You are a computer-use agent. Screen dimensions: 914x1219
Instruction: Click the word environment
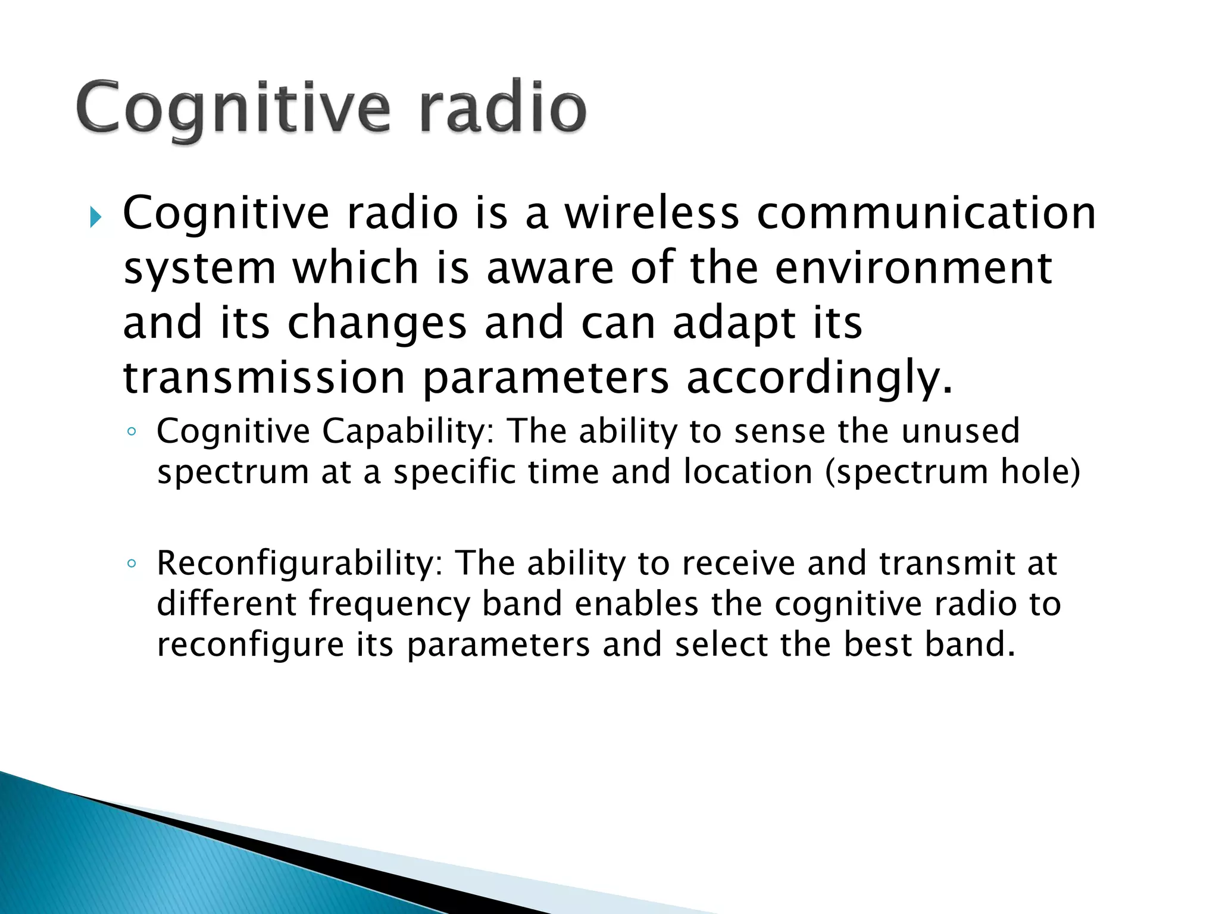click(914, 268)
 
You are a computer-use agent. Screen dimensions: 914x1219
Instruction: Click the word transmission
click(264, 378)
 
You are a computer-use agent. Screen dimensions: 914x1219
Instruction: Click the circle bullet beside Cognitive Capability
click(132, 432)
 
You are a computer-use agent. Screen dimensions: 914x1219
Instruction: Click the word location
click(748, 472)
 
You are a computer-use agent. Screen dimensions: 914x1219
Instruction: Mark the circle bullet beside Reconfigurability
click(132, 564)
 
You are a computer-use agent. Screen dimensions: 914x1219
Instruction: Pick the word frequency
click(389, 605)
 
